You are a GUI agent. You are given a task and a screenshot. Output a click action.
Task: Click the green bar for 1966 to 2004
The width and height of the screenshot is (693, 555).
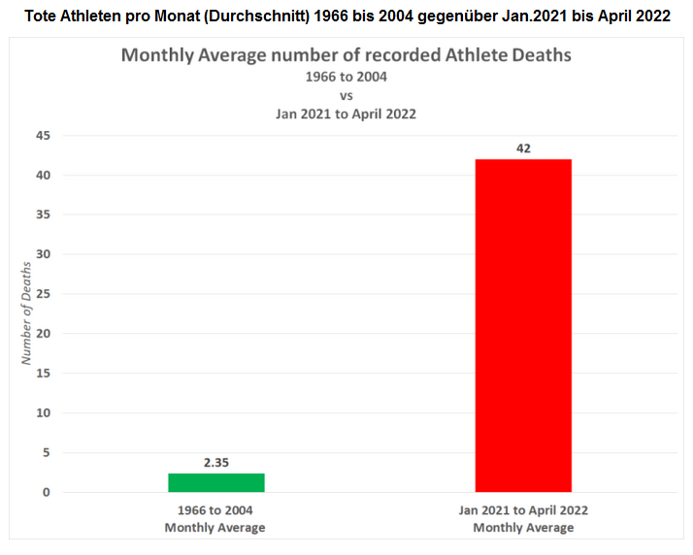[x=215, y=482]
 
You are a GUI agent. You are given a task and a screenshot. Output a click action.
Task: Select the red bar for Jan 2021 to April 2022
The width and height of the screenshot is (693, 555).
[x=522, y=325]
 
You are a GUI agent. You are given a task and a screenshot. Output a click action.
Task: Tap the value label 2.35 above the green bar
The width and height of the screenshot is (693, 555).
[x=215, y=463]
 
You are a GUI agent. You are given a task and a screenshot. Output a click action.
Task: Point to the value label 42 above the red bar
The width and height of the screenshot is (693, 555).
[x=523, y=148]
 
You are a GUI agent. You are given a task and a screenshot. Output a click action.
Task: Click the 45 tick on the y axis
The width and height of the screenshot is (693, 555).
[x=42, y=136]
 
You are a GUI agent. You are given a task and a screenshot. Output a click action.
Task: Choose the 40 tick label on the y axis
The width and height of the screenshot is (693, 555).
[x=42, y=176]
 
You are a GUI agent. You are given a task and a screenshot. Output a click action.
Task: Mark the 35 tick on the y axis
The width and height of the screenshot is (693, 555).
[x=42, y=215]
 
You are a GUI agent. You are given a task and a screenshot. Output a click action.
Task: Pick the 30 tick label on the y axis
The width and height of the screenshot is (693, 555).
[x=42, y=254]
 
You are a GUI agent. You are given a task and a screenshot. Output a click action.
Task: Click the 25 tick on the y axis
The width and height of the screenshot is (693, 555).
[x=42, y=294]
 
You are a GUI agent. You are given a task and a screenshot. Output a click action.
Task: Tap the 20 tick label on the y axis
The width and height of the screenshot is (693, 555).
[x=42, y=334]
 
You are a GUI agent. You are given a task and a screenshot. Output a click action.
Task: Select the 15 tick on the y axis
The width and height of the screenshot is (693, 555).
[x=42, y=374]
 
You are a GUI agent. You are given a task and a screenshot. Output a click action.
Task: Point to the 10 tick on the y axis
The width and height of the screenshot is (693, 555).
[x=42, y=413]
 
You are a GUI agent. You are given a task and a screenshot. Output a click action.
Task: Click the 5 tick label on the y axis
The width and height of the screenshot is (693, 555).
[x=46, y=453]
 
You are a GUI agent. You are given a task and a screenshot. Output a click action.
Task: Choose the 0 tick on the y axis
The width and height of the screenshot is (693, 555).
[x=46, y=493]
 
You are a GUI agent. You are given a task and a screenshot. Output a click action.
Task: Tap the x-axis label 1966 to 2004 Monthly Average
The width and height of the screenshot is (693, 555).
[x=215, y=518]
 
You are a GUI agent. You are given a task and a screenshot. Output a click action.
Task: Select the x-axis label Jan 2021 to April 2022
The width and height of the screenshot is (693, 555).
[x=523, y=509]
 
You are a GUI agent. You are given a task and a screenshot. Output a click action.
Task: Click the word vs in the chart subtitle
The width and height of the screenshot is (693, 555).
[x=346, y=95]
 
